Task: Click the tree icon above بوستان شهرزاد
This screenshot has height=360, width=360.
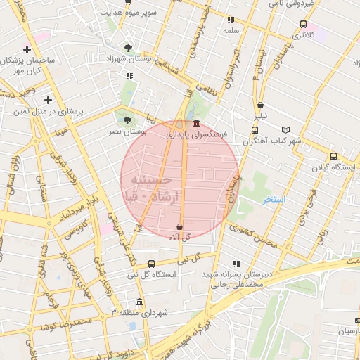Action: pyautogui.click(x=127, y=48)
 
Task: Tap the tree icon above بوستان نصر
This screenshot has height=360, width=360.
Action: pyautogui.click(x=127, y=120)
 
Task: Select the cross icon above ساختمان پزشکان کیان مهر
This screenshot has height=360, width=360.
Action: pyautogui.click(x=27, y=49)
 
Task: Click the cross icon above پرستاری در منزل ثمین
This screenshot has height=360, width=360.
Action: pyautogui.click(x=48, y=100)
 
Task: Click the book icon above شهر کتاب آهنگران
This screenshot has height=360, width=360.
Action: pyautogui.click(x=285, y=130)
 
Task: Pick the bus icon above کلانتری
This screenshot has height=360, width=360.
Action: pyautogui.click(x=302, y=22)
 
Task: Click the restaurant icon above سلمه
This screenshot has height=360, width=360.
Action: pyautogui.click(x=231, y=20)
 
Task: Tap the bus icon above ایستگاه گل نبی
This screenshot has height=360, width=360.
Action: pyautogui.click(x=152, y=264)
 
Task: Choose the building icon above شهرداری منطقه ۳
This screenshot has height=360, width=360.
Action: pyautogui.click(x=139, y=302)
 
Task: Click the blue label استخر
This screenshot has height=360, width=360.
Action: pyautogui.click(x=274, y=200)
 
